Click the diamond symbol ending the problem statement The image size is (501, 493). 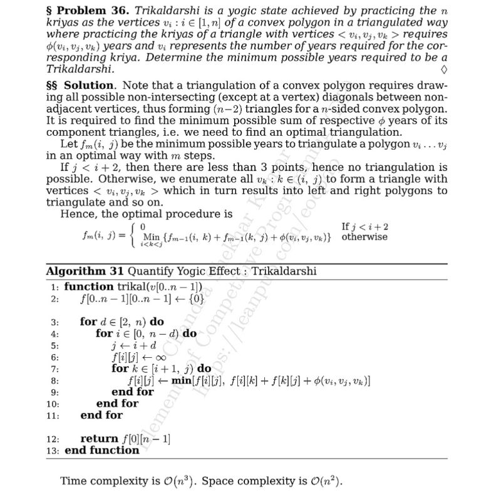click(x=443, y=68)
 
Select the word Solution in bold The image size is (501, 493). click(x=89, y=85)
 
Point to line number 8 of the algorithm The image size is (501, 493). click(x=54, y=380)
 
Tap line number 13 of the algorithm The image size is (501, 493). click(x=53, y=450)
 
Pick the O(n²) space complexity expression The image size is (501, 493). click(x=326, y=482)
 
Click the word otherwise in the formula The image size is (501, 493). click(x=364, y=237)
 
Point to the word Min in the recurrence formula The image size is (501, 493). click(x=152, y=236)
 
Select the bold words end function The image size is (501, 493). click(x=102, y=450)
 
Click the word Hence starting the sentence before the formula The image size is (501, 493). click(x=76, y=214)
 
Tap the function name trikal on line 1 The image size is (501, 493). click(x=132, y=287)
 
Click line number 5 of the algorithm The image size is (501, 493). click(x=54, y=345)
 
